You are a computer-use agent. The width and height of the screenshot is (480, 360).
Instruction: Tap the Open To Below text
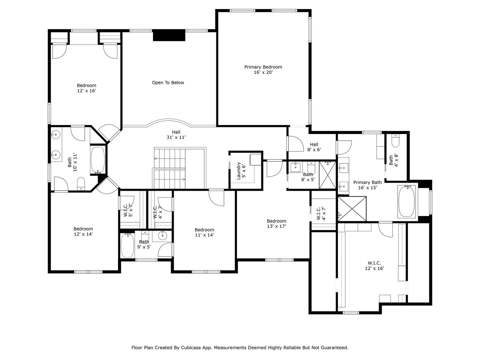point(168,83)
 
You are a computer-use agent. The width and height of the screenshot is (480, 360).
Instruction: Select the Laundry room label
point(239,171)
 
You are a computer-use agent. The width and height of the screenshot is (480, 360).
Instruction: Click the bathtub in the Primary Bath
point(407,202)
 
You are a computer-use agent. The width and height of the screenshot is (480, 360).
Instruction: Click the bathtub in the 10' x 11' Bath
point(98,160)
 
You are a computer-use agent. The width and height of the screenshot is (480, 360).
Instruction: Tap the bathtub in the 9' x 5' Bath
point(127,246)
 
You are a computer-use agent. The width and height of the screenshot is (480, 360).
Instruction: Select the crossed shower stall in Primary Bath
point(352,209)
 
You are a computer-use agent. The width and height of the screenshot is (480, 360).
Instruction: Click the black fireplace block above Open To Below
point(169,35)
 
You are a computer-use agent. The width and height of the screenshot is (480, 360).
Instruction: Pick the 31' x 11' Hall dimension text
point(176,137)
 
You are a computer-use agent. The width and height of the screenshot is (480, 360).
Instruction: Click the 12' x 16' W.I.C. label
point(374,266)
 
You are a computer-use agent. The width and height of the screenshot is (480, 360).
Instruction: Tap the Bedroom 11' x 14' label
point(204,232)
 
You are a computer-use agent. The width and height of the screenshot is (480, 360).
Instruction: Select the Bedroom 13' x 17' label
point(276,223)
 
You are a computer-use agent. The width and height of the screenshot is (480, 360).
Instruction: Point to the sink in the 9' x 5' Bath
point(162,236)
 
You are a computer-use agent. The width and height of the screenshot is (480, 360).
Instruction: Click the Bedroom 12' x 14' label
point(83,231)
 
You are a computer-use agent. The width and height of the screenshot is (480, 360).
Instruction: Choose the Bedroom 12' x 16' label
point(86,88)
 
